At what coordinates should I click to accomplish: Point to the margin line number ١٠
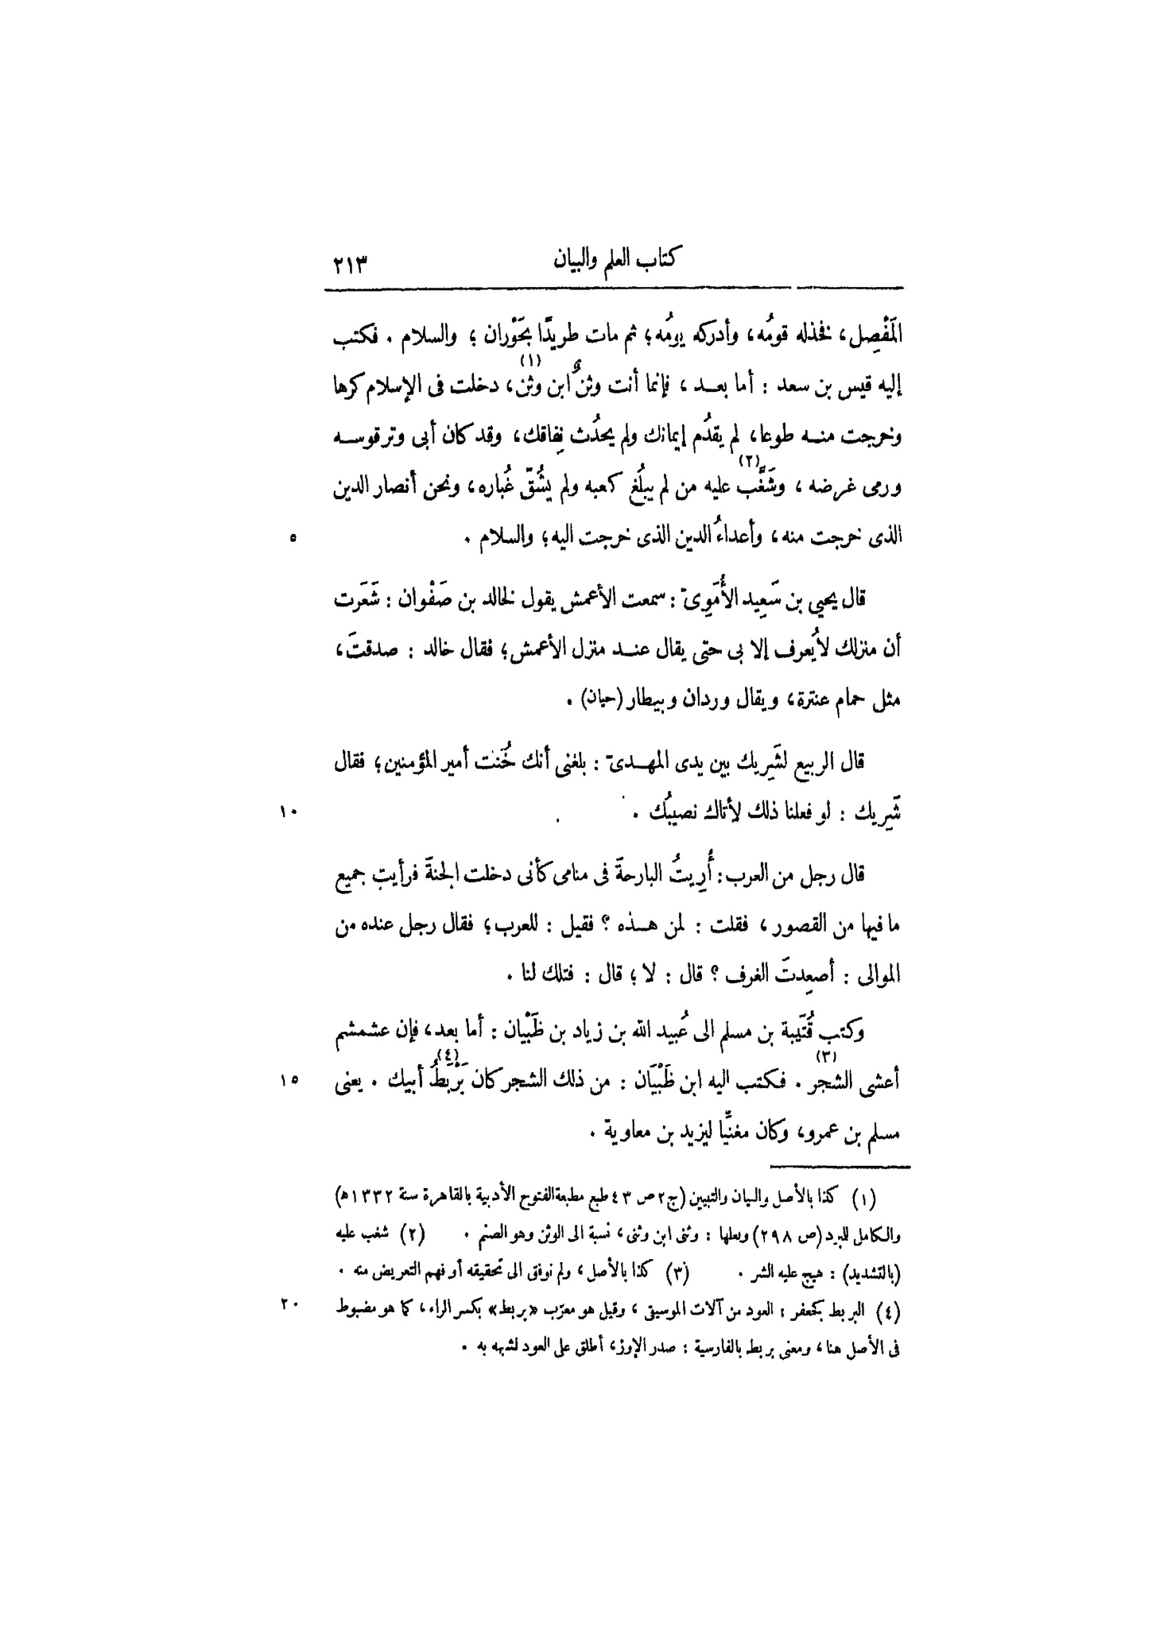[288, 812]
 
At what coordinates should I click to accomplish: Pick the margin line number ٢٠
[287, 1304]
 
